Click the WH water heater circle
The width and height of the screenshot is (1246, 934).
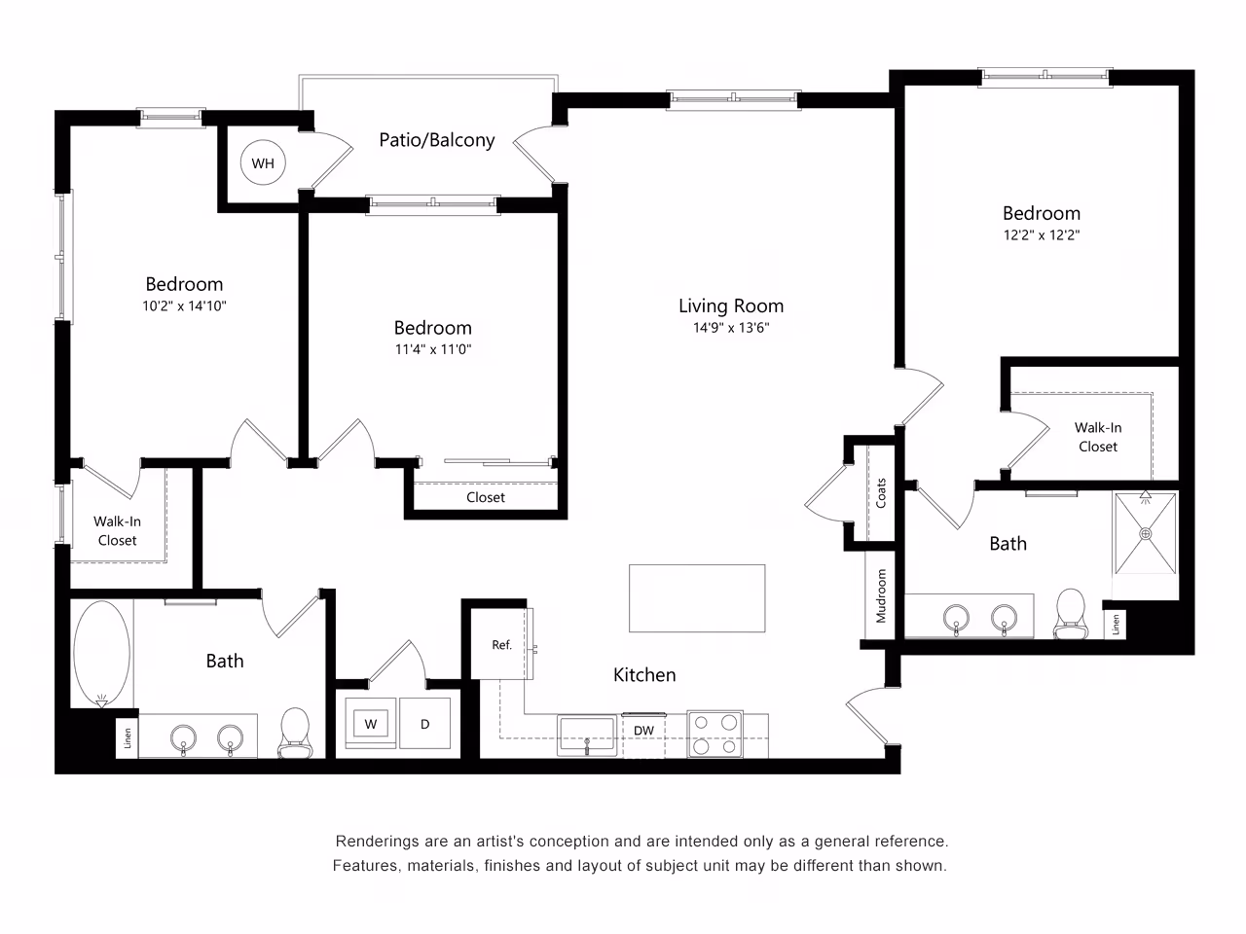coord(263,163)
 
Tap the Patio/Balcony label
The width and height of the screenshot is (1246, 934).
coord(436,140)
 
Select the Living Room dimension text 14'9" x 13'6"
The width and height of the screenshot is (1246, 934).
coord(731,328)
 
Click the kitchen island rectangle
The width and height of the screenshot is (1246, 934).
coord(696,598)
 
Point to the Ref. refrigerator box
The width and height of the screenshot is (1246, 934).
coord(501,644)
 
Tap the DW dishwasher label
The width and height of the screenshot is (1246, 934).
coord(643,731)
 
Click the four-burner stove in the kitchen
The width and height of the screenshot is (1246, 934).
coord(715,735)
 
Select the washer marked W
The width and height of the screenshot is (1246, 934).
coord(371,724)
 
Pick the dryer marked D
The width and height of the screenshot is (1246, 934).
coord(425,724)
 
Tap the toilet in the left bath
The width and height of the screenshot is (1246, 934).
coord(293,733)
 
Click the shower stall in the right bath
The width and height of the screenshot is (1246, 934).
coord(1145,533)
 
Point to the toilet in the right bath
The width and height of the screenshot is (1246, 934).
coord(1070,614)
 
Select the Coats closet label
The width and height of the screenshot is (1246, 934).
coord(881,493)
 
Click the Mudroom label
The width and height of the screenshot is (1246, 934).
coord(881,596)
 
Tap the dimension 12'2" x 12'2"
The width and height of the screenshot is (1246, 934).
coord(1042,234)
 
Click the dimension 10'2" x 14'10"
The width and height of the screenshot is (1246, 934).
coord(184,305)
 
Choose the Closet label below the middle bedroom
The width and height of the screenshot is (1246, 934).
coord(485,497)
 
